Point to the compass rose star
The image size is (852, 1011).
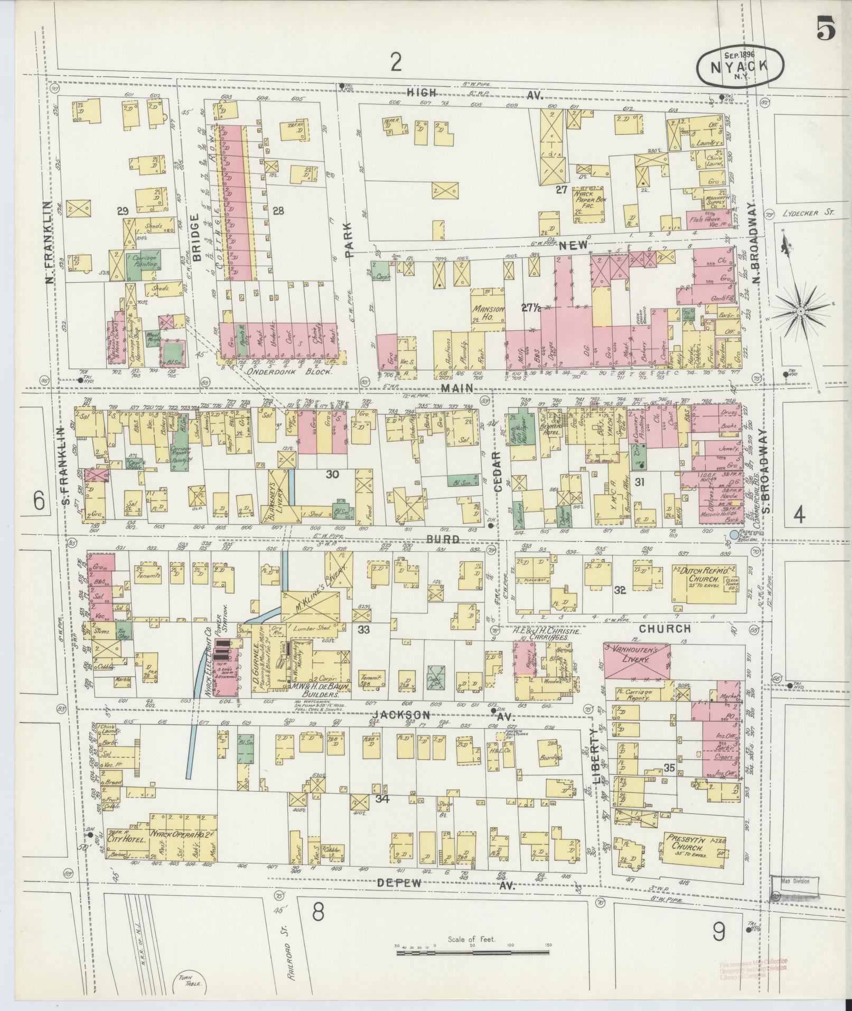[801, 311]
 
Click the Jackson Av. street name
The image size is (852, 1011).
[417, 715]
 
